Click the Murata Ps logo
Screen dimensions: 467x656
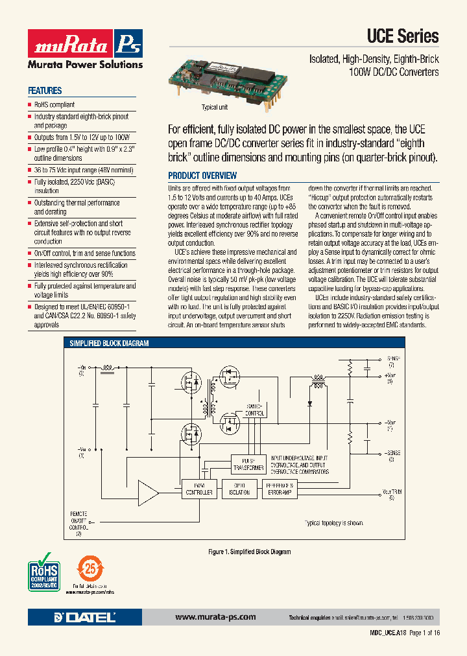(84, 45)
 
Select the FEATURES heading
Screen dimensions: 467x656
(45, 91)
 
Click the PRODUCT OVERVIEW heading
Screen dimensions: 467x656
(202, 176)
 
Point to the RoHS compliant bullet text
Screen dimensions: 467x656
(54, 104)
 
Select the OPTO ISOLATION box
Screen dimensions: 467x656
(239, 489)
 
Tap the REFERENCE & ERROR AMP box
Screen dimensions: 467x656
(280, 489)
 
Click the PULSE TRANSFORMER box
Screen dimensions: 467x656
(248, 463)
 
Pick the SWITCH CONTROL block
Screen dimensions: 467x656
(255, 410)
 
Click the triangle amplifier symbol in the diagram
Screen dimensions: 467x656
(149, 496)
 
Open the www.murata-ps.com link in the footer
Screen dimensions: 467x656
(215, 617)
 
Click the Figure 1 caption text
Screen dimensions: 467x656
(249, 552)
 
